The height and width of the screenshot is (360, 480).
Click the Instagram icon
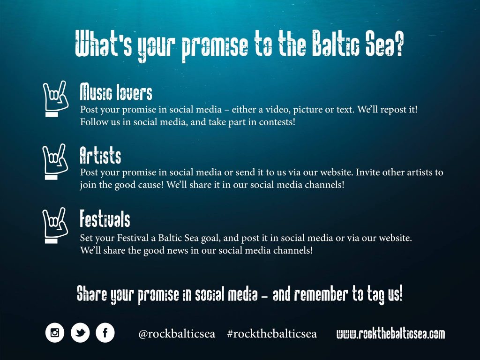click(55, 333)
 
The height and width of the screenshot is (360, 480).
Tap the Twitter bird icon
click(80, 333)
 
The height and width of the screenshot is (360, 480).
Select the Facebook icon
click(105, 333)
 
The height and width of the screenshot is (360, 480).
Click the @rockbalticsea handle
click(177, 334)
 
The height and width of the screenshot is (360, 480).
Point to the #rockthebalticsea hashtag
click(272, 334)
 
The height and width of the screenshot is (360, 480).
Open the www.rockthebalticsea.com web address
click(390, 334)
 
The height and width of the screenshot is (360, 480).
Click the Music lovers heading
click(116, 92)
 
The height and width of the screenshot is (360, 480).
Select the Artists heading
click(100, 156)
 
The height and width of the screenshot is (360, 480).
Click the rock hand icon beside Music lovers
click(55, 98)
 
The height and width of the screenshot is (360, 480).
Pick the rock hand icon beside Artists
click(55, 162)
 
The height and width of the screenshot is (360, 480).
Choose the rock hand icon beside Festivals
click(55, 225)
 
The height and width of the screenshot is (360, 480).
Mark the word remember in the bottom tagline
click(321, 294)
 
